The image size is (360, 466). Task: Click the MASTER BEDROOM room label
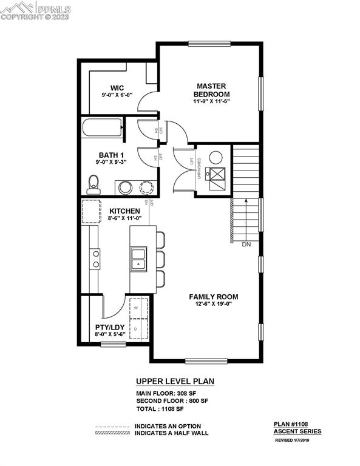click(x=212, y=90)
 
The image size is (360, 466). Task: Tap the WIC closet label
click(x=117, y=88)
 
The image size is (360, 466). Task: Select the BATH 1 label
click(x=112, y=154)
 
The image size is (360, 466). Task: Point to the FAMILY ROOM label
click(x=213, y=297)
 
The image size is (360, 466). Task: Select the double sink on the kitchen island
click(x=139, y=258)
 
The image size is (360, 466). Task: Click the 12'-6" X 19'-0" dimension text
click(x=213, y=305)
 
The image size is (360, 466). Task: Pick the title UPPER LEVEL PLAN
click(x=175, y=382)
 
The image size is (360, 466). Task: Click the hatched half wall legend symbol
click(x=113, y=433)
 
